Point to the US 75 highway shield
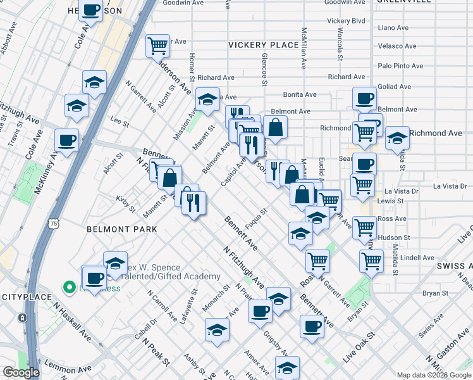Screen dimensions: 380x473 click(x=54, y=224)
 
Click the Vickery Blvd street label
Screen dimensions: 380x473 click(x=347, y=21)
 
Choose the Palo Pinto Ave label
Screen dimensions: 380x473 click(x=400, y=66)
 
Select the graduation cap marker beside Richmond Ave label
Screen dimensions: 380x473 click(x=397, y=137)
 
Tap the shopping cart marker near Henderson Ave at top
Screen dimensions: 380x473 click(x=157, y=45)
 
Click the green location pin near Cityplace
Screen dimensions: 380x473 click(x=69, y=288)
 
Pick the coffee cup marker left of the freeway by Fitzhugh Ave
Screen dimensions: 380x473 click(x=66, y=141)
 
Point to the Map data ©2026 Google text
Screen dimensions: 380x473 click(x=434, y=375)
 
